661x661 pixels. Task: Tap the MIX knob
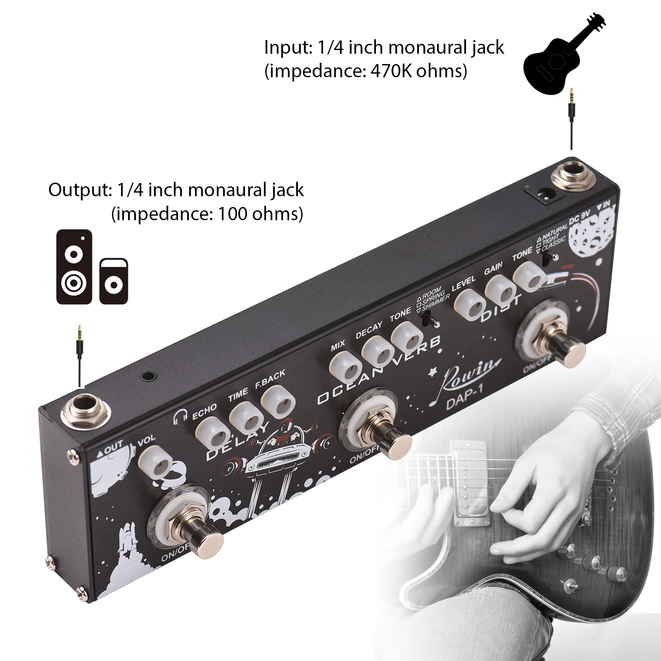click(x=347, y=366)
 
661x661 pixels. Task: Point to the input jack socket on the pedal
click(x=572, y=176)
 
